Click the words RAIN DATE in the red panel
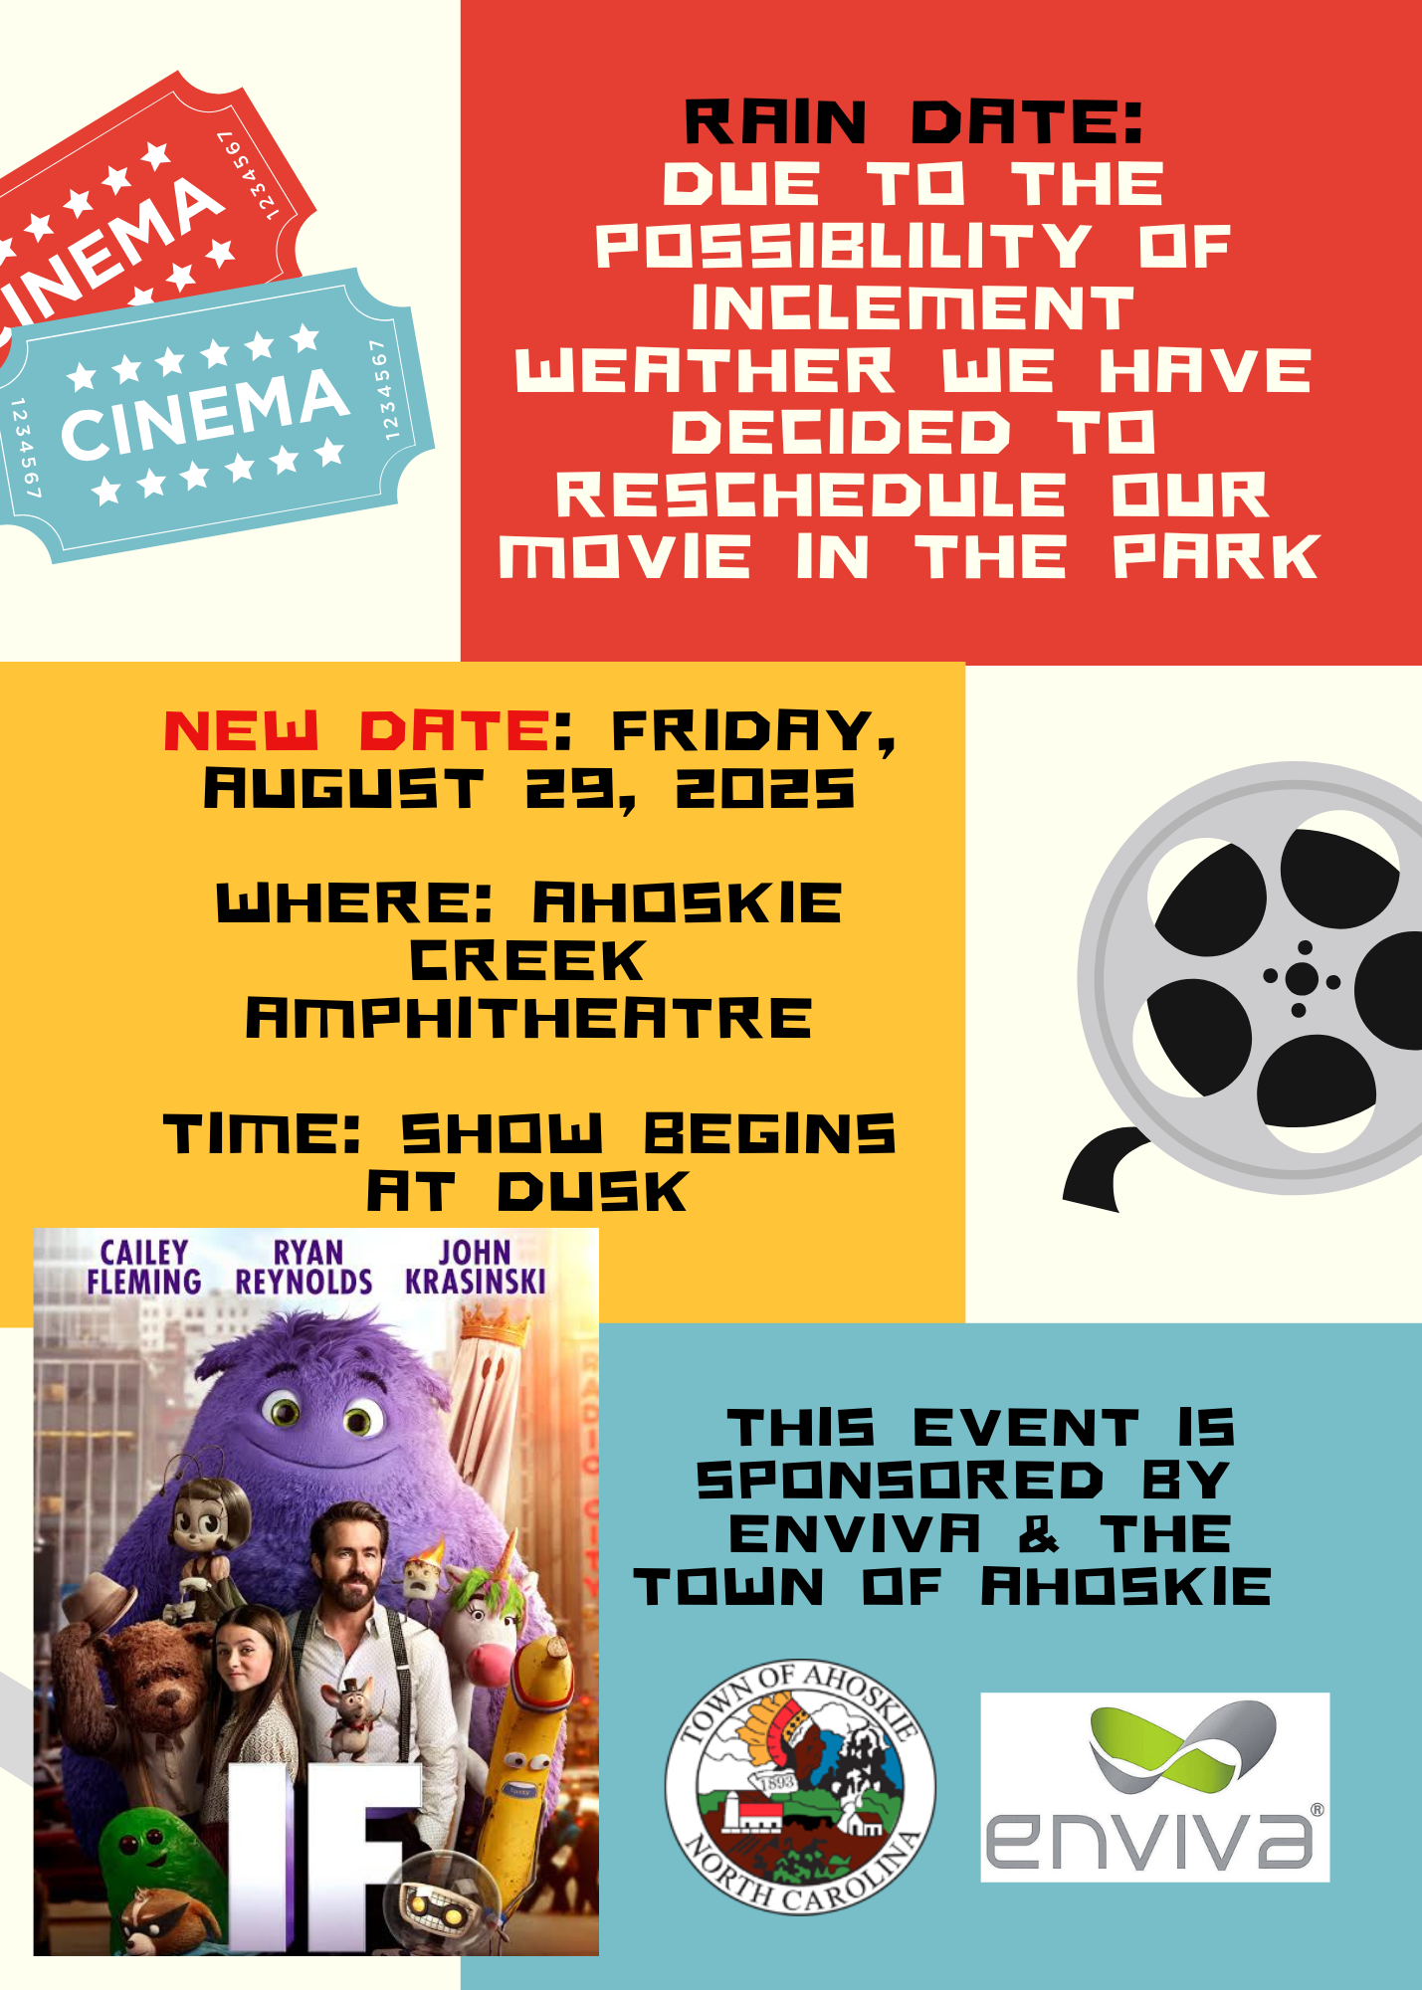coord(914,122)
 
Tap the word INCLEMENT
coord(913,308)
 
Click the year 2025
coord(765,790)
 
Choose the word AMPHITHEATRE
coord(528,1019)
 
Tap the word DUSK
coord(592,1192)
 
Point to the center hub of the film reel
coord(1302,979)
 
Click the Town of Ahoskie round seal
coord(800,1787)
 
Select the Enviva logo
coord(1155,1787)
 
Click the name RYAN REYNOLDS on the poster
coord(304,1268)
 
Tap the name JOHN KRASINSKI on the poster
coord(476,1268)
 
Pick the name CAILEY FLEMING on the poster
coord(144,1268)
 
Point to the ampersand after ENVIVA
coord(1039,1533)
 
